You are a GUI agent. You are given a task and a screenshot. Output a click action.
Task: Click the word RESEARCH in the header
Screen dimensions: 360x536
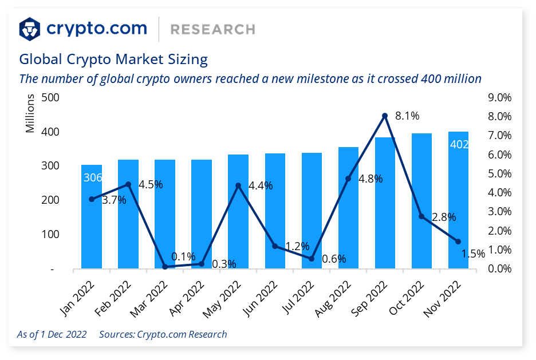point(212,29)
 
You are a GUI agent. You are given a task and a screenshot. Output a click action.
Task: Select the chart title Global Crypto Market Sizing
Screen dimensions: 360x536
point(113,59)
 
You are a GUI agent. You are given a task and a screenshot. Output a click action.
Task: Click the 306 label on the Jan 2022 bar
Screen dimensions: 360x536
point(92,178)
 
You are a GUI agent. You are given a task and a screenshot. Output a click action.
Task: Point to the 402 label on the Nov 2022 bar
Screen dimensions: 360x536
point(459,144)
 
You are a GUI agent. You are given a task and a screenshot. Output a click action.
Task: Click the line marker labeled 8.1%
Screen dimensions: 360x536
point(385,116)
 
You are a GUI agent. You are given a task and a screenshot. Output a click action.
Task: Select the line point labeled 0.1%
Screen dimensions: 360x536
point(165,267)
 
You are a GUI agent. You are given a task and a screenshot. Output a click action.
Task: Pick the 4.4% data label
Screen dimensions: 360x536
point(261,185)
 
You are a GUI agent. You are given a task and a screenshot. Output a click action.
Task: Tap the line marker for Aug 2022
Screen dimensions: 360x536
point(348,179)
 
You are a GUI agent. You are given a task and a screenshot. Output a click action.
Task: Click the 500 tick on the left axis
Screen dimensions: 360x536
point(51,97)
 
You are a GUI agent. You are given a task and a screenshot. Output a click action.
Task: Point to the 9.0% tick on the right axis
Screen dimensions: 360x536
point(499,97)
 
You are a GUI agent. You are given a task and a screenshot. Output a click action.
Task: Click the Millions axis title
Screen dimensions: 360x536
point(30,114)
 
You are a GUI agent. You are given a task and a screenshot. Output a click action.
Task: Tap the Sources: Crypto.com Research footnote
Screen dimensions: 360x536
point(163,334)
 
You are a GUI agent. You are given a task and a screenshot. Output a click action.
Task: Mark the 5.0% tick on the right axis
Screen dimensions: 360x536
point(499,173)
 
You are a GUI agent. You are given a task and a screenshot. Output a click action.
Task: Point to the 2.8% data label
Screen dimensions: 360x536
point(444,217)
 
